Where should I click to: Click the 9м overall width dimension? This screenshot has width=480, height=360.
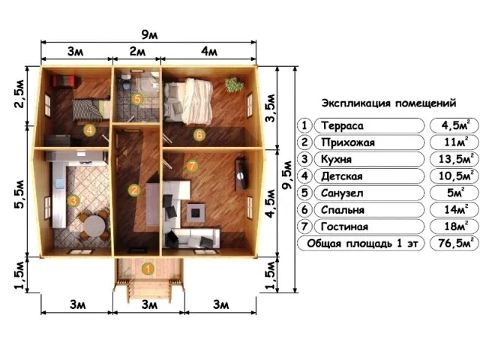[149, 34]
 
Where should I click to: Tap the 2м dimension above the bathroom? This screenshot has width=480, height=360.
[137, 51]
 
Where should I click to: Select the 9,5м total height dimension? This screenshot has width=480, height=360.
[287, 175]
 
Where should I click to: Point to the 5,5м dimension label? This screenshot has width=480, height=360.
[19, 194]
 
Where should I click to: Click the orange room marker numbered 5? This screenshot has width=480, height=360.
[136, 99]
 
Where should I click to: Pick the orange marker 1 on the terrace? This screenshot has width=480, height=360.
[148, 269]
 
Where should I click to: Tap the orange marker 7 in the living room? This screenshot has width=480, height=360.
[192, 166]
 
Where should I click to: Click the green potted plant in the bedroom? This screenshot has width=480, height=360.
[234, 84]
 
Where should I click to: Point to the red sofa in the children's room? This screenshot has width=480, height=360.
[64, 82]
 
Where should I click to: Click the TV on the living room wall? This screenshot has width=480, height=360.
[241, 173]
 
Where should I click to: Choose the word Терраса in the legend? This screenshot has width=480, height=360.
[342, 125]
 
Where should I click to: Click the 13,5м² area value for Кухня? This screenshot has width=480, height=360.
[454, 159]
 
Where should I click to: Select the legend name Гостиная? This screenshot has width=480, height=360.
[344, 226]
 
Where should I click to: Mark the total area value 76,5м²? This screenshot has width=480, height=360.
[454, 243]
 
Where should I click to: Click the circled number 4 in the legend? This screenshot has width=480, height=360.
[304, 176]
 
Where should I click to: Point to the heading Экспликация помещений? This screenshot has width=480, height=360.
[388, 103]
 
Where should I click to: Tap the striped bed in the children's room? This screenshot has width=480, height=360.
[91, 109]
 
